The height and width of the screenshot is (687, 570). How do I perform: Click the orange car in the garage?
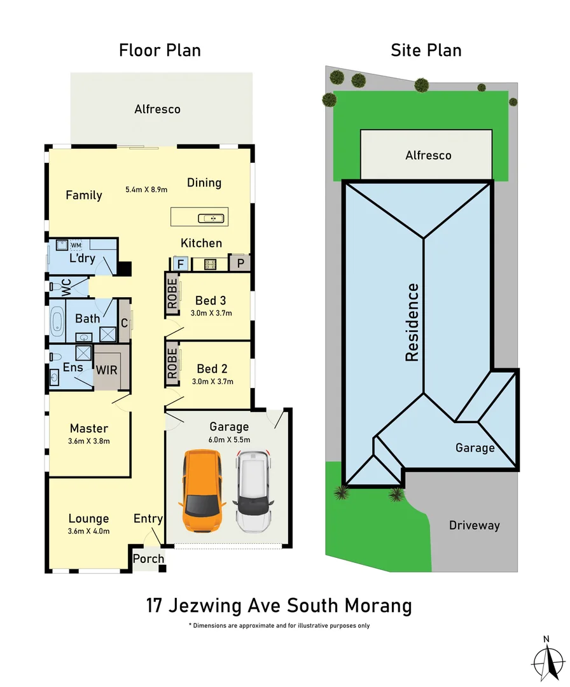coord(202,490)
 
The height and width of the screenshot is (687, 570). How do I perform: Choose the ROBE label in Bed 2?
coord(172,364)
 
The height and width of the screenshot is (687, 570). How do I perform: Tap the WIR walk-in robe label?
coord(106,369)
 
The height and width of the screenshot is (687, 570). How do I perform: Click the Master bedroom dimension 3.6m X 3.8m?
coord(89,441)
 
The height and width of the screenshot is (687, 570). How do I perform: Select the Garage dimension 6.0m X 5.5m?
coord(229,440)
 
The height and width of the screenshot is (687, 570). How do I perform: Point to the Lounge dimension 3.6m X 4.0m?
coord(89,531)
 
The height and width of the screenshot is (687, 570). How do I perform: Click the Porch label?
coord(148,559)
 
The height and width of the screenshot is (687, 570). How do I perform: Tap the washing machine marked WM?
coord(76,245)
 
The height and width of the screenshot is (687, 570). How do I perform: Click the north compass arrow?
coord(546,660)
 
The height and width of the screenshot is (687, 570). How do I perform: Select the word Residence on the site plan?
coord(412,323)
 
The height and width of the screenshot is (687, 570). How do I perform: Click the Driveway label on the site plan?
coord(475,525)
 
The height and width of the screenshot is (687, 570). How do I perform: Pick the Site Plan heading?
coord(426,50)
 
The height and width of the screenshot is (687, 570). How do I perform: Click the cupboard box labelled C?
coord(125,323)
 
